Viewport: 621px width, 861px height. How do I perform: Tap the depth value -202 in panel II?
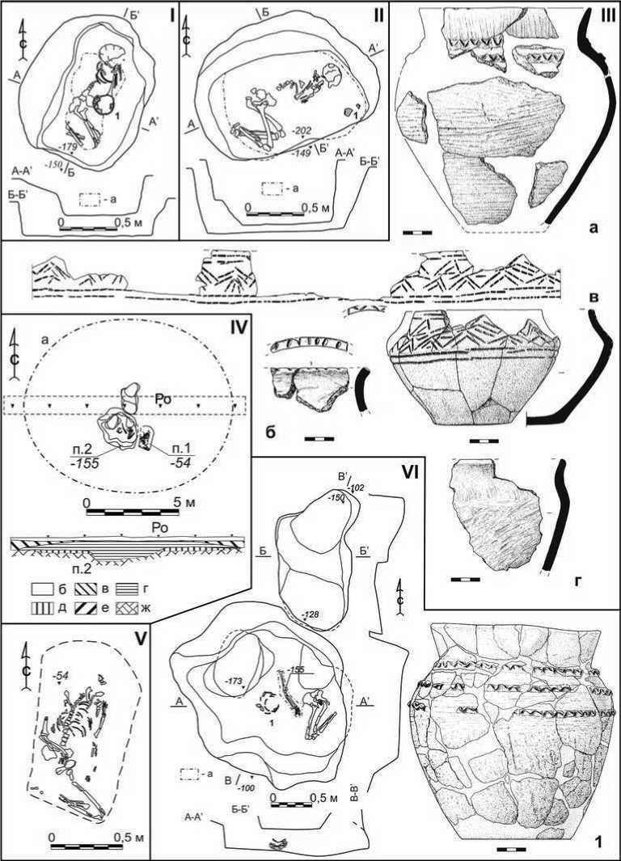click(302, 130)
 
